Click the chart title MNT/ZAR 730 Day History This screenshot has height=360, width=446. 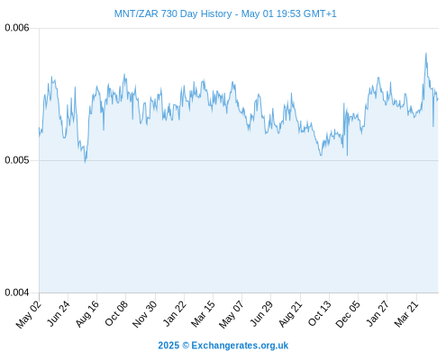pos(173,13)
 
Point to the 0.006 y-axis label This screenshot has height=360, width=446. pos(17,28)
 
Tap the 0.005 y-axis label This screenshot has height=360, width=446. pos(17,160)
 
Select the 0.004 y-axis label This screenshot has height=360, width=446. pos(17,292)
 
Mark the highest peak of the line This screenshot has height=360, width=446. pos(426,53)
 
